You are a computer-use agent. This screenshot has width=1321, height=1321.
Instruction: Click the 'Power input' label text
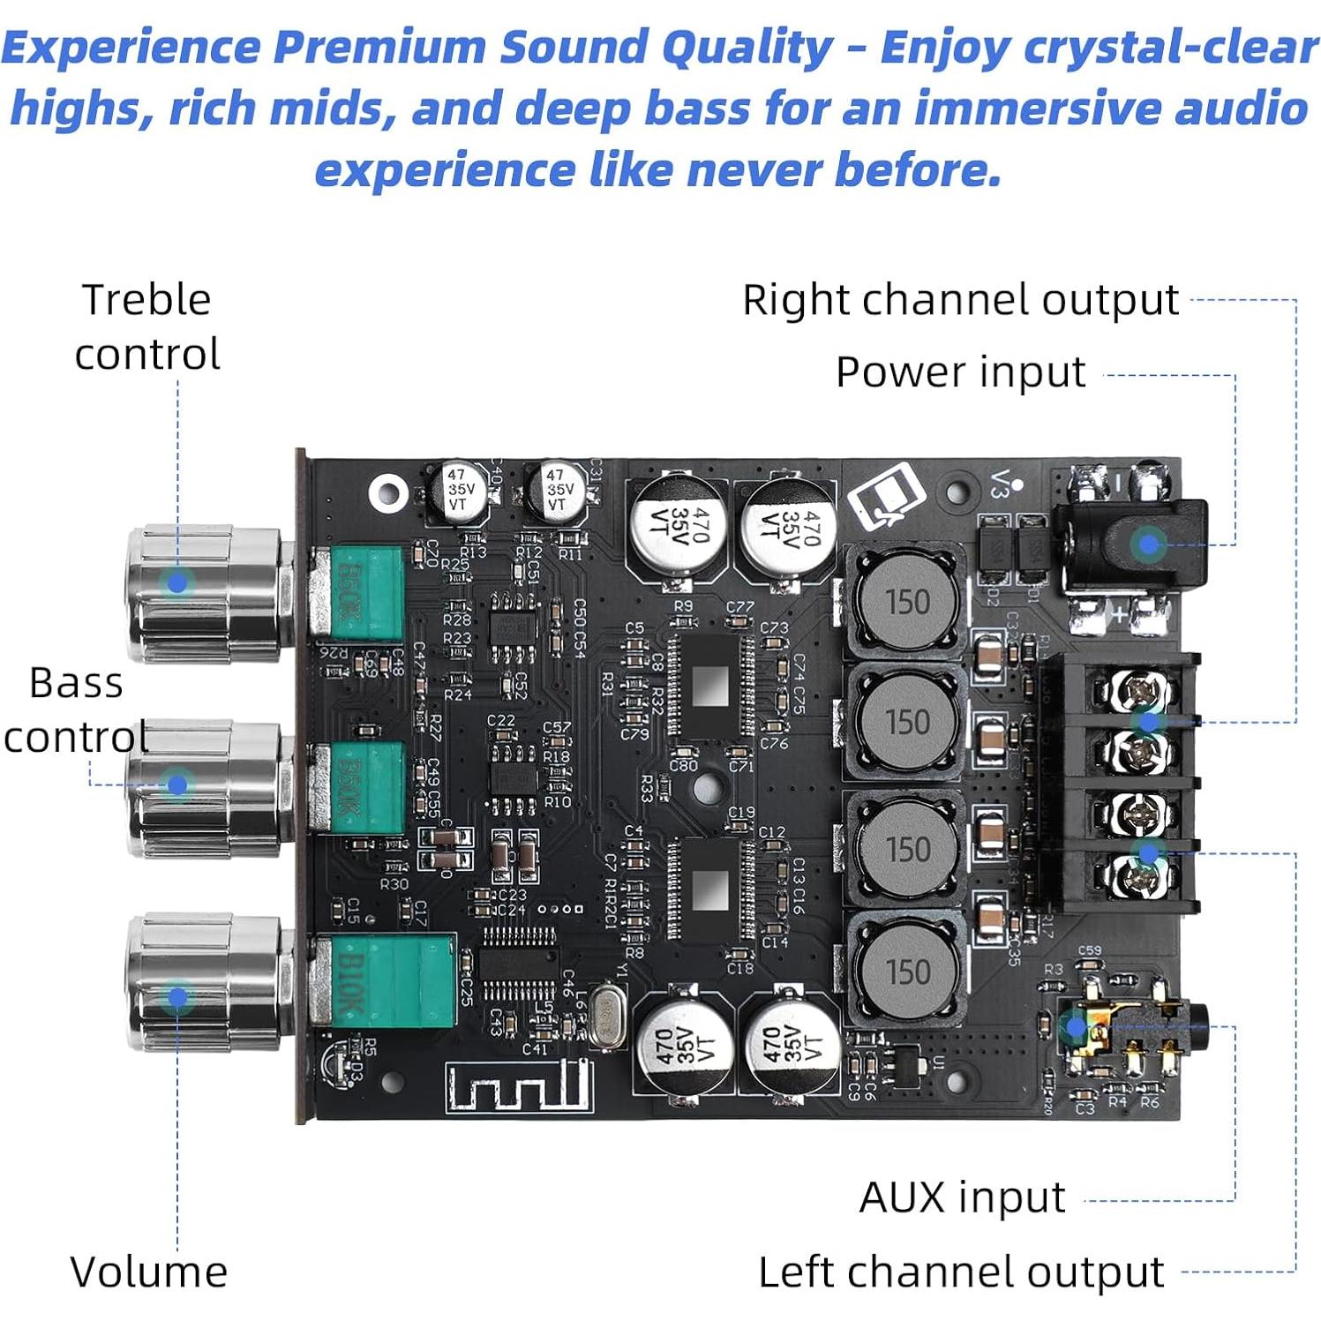coord(960,372)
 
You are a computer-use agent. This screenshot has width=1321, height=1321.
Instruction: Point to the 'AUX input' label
coord(962,1197)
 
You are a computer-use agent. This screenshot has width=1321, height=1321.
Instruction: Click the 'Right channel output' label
coord(960,300)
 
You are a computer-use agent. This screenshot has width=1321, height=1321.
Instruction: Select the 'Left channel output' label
coord(961,1272)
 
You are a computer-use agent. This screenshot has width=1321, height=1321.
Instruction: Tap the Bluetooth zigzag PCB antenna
coord(516,1085)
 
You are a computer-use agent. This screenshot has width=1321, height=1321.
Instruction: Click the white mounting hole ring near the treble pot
coord(387,492)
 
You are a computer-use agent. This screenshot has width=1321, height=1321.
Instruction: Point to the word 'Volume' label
coord(148,1272)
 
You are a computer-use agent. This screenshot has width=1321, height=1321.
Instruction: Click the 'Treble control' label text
coord(147,326)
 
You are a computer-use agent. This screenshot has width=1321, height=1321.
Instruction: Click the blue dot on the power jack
coord(1148,544)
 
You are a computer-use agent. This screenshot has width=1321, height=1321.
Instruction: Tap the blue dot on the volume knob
coord(177,997)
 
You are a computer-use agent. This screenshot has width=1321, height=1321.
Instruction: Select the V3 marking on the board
coord(1000,484)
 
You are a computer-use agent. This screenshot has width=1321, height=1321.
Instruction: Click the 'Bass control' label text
coord(76,709)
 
